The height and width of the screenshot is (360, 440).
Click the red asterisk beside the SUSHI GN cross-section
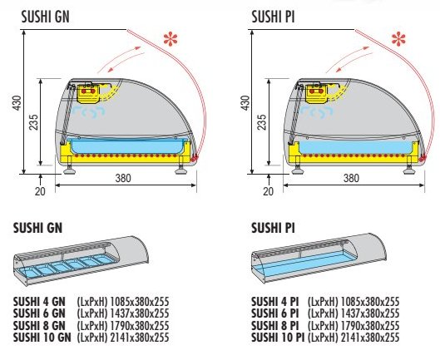pyautogui.click(x=171, y=39)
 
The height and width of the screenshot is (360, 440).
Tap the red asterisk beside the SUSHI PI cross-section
pyautogui.click(x=398, y=39)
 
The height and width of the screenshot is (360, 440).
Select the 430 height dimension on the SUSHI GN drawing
pyautogui.click(x=17, y=103)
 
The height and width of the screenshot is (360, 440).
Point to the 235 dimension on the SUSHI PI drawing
pyautogui.click(x=261, y=121)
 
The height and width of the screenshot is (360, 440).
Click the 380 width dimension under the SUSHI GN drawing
pyautogui.click(x=123, y=178)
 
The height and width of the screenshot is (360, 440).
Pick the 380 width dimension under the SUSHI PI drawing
pyautogui.click(x=351, y=178)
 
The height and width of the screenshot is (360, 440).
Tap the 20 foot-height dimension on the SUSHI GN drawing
pyautogui.click(x=40, y=191)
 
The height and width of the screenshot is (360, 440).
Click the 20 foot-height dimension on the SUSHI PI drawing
pyautogui.click(x=268, y=191)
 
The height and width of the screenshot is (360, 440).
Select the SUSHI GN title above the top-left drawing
pyautogui.click(x=45, y=17)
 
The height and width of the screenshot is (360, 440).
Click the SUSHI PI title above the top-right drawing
pyautogui.click(x=273, y=17)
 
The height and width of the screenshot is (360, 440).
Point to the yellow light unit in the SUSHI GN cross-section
pyautogui.click(x=89, y=93)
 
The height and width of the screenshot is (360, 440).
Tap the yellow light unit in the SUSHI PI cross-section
pyautogui.click(x=317, y=93)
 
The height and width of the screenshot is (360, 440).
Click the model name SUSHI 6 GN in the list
pyautogui.click(x=39, y=313)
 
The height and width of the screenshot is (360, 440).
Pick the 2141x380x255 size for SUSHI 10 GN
pyautogui.click(x=140, y=338)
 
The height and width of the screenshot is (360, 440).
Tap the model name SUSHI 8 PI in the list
pyautogui.click(x=275, y=325)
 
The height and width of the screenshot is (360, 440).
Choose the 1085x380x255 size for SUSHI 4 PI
pyautogui.click(x=370, y=302)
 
